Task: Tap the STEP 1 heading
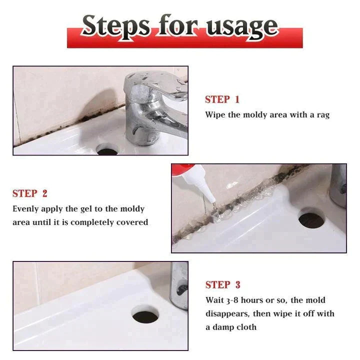coord(222,99)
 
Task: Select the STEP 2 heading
coord(29,193)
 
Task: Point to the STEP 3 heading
coord(222,285)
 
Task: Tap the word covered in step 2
coord(131,222)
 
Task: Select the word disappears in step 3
coord(230,313)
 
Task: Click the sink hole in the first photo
coord(106,149)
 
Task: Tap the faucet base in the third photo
coord(178,290)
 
